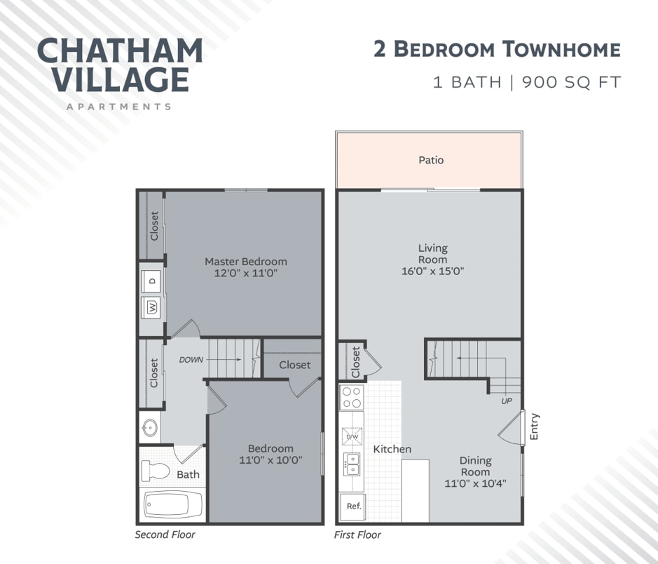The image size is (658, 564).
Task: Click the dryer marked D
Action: [152, 281]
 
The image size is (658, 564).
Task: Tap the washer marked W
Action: [152, 307]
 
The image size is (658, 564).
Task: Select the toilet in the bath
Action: [156, 471]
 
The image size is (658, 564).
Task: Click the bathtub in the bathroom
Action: [173, 504]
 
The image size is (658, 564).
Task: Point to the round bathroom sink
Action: [149, 427]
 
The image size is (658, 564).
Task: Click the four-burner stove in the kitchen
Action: [351, 397]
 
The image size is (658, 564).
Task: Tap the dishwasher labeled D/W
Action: [352, 438]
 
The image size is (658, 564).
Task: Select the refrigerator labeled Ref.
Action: [353, 505]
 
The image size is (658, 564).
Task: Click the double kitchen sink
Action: [351, 464]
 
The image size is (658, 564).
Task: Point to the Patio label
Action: [431, 160]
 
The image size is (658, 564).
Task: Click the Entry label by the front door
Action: [535, 427]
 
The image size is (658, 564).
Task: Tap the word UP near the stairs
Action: [507, 401]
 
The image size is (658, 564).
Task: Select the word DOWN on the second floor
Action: [191, 360]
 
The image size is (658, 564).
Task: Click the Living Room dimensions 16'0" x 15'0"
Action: [432, 271]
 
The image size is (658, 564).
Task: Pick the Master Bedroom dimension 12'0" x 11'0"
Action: [245, 273]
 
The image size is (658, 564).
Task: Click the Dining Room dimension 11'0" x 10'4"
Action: [475, 483]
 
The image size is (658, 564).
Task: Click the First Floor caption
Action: [358, 535]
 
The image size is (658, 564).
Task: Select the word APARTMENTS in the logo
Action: [118, 107]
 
